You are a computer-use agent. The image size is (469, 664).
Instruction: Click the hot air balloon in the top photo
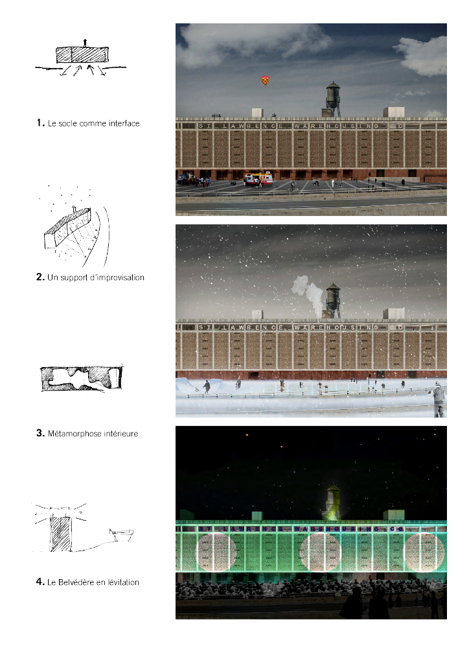(266, 80)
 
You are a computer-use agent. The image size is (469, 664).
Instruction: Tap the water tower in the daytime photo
(333, 99)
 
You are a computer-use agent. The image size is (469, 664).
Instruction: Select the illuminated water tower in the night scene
(334, 503)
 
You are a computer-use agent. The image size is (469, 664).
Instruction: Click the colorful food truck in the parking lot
(258, 178)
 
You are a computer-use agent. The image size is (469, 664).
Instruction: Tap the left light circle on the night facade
(216, 551)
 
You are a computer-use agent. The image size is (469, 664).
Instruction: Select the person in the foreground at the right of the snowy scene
(440, 401)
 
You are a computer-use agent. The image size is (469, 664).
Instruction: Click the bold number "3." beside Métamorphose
(40, 433)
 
